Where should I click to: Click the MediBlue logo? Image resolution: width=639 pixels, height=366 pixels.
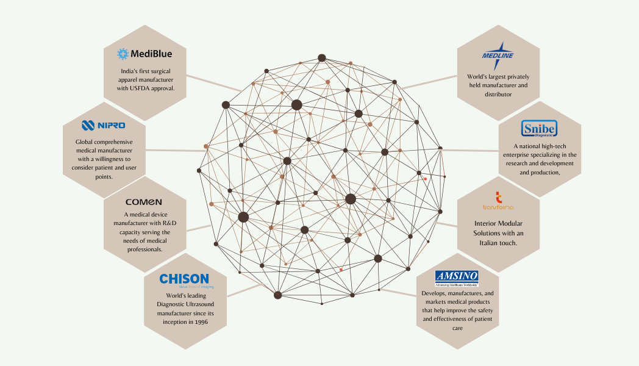coord(145,54)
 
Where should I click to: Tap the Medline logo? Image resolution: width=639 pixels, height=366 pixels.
coord(498,55)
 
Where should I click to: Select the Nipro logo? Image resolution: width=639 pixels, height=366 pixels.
coord(103,125)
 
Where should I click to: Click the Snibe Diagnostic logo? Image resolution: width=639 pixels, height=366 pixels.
coord(539,129)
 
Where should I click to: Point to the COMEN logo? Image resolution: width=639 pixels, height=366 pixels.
coord(144,201)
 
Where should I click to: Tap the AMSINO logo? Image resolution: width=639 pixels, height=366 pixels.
coord(457,278)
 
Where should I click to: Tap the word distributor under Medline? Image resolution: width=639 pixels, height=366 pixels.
coord(498,95)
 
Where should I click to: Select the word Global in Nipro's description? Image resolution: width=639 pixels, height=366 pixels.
coord(85,142)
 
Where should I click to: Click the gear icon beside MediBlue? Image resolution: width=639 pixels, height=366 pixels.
coord(123,54)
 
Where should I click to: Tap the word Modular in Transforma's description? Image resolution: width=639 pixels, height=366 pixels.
coord(510,224)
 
